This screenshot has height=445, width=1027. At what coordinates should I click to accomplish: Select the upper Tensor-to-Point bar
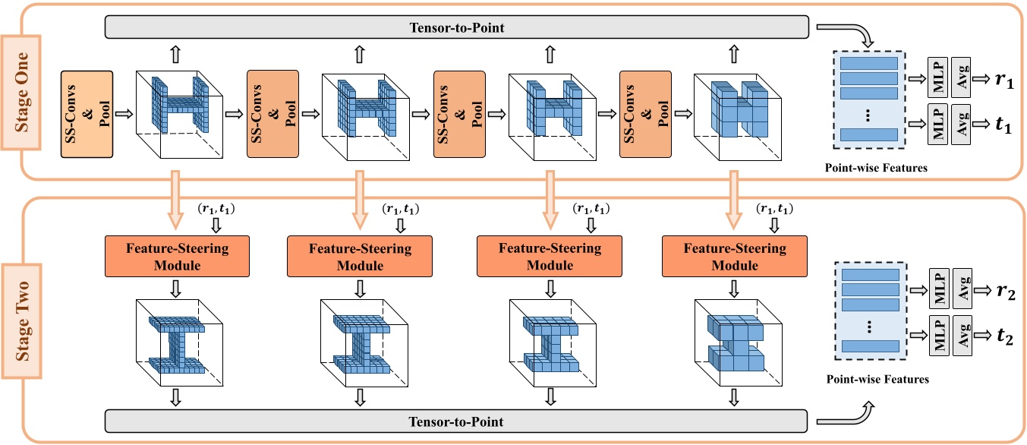pos(454,29)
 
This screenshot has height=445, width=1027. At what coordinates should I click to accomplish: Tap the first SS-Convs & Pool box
pos(87,114)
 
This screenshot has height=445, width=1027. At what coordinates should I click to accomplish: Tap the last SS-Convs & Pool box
pos(646,114)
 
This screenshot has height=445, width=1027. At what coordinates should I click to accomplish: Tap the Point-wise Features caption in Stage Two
pos(877,377)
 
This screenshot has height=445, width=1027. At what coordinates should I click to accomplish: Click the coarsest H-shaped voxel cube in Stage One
pos(732,114)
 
